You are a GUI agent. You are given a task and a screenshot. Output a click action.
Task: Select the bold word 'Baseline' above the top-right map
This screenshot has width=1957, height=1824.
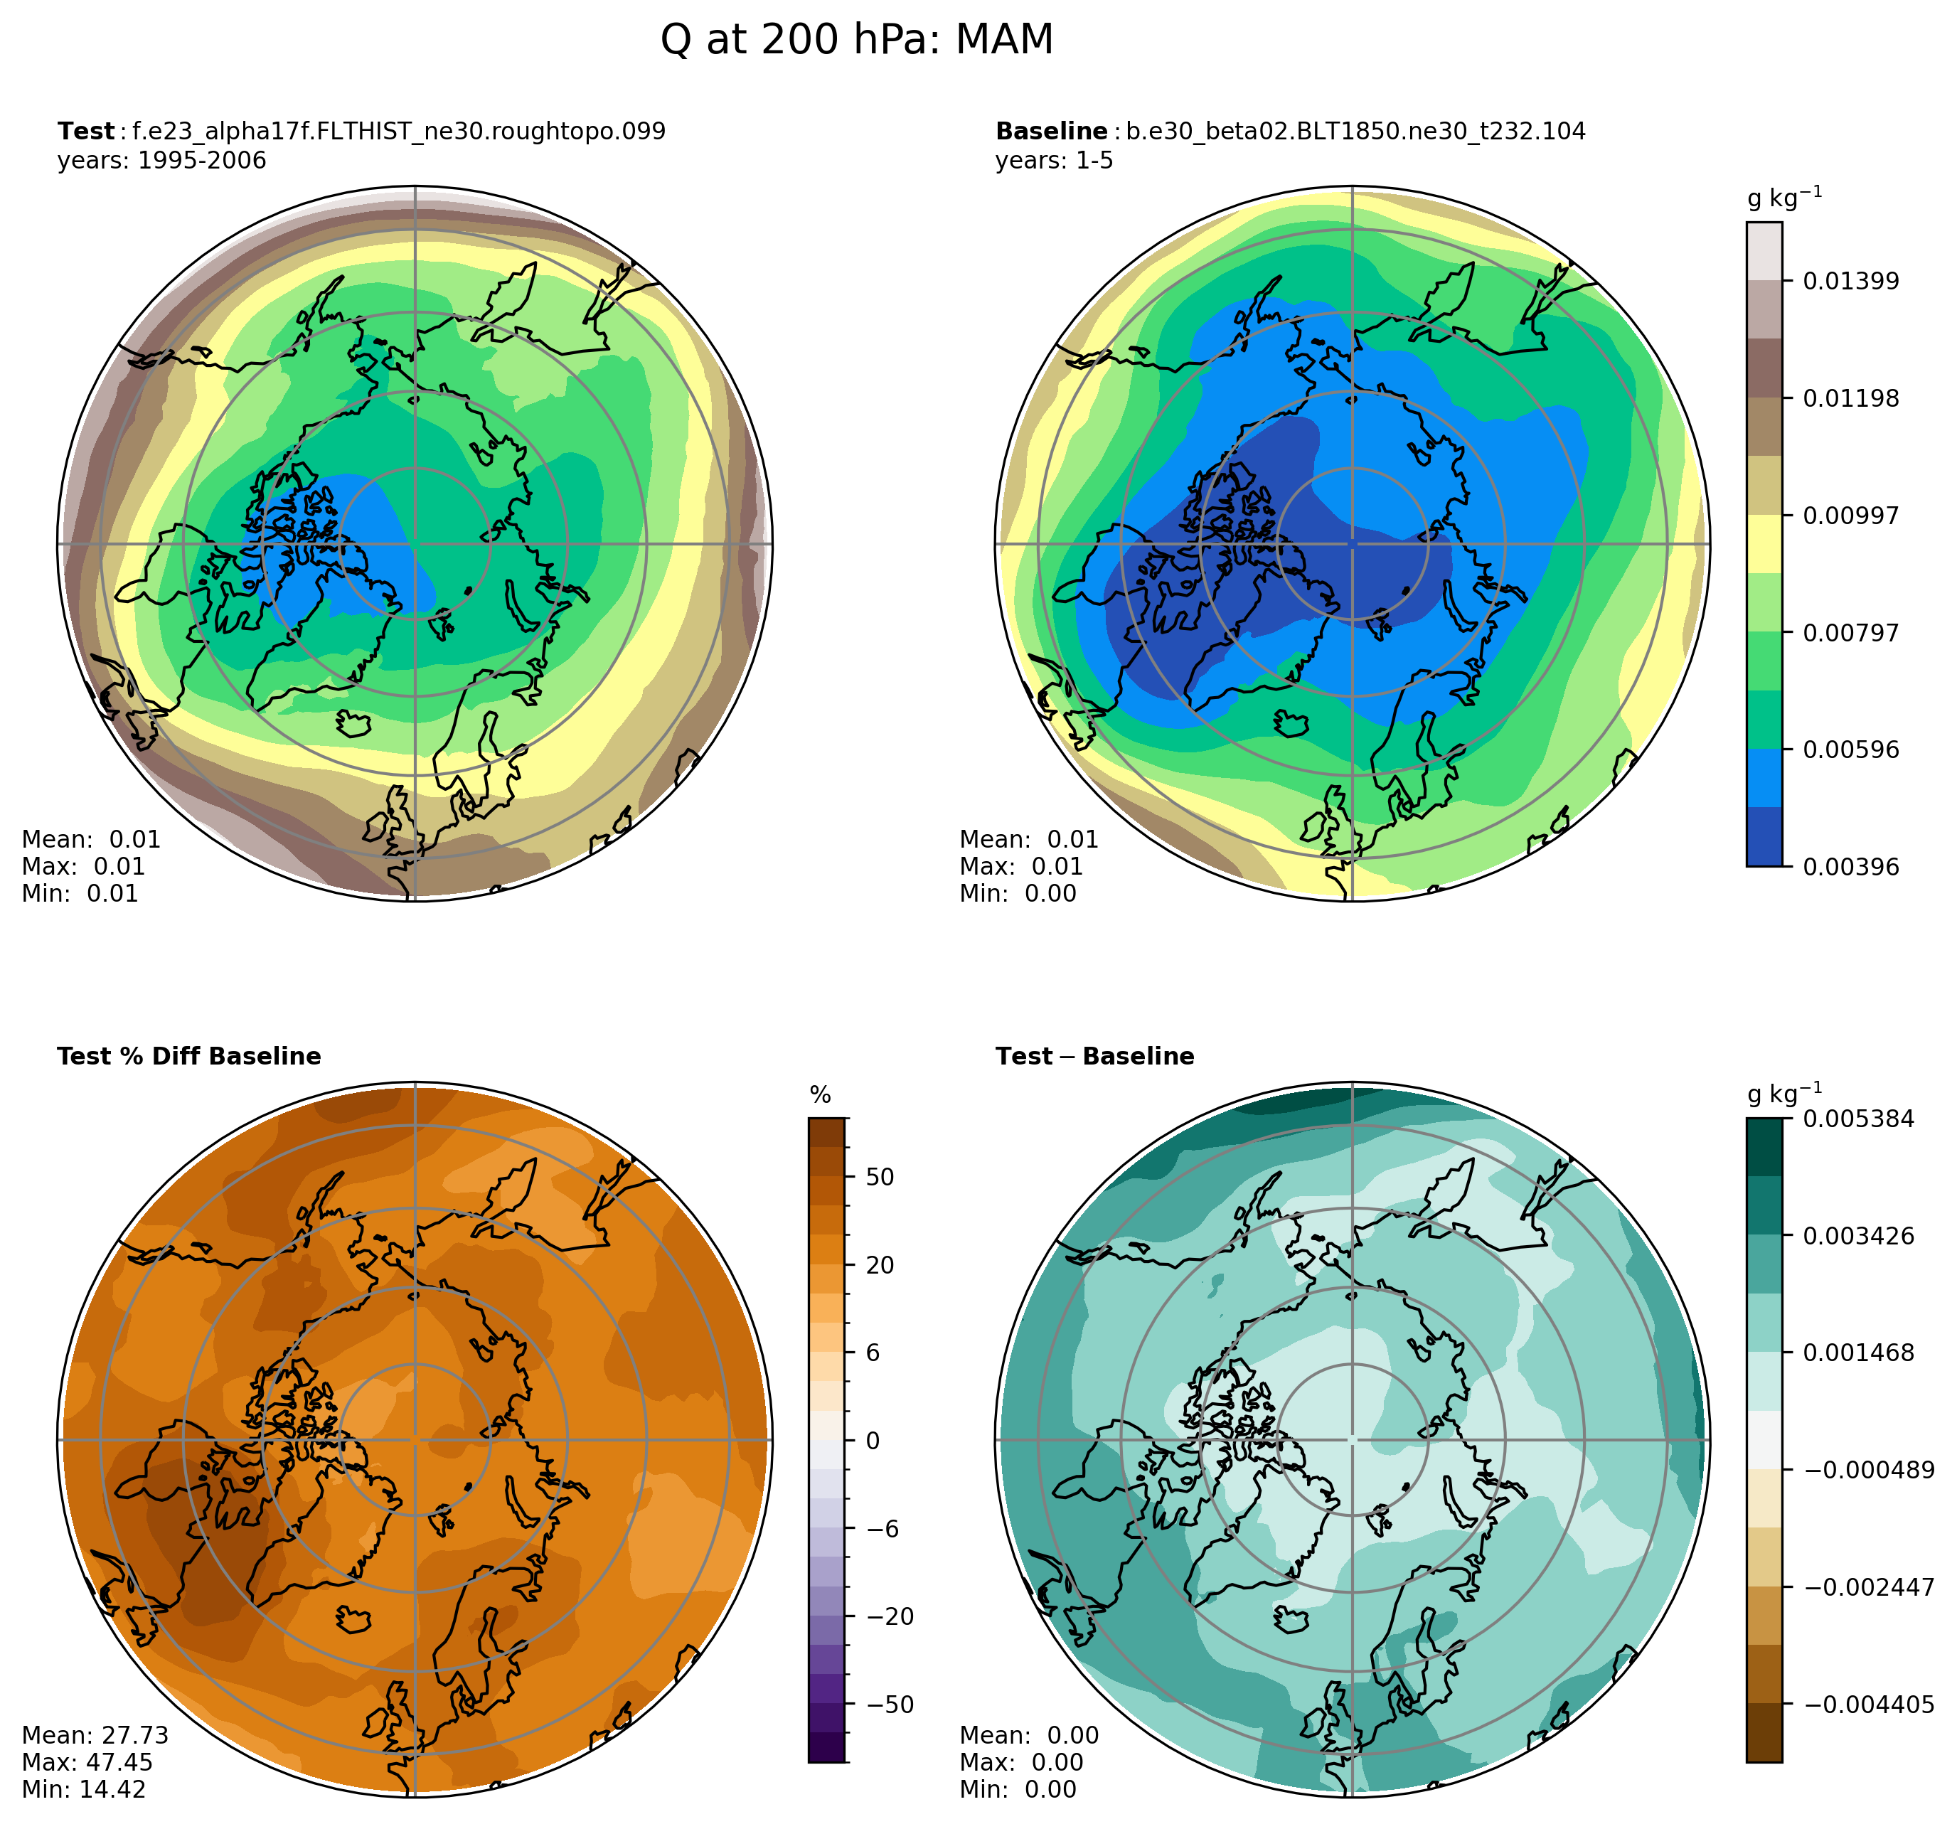(1051, 131)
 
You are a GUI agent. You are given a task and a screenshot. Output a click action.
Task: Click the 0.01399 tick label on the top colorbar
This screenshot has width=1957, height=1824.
(1850, 282)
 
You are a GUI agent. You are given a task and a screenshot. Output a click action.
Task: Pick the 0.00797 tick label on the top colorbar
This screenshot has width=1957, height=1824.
(1850, 633)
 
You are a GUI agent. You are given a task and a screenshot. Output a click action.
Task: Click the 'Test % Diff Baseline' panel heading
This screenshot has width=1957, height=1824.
(189, 1056)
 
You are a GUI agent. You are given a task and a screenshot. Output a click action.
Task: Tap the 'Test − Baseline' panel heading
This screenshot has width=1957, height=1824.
(1094, 1056)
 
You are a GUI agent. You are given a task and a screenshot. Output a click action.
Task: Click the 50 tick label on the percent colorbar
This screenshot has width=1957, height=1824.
(880, 1178)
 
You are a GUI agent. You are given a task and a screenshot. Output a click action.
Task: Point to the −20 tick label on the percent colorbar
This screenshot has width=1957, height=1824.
(889, 1616)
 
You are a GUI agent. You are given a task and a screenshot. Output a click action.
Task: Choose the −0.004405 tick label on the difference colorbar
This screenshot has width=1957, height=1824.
(1868, 1704)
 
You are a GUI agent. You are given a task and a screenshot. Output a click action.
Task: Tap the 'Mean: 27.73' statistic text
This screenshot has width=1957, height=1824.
(95, 1735)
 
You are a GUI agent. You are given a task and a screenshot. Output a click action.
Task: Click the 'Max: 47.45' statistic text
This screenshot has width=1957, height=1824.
(87, 1762)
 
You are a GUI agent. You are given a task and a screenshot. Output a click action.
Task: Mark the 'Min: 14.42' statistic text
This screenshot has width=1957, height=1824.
(84, 1790)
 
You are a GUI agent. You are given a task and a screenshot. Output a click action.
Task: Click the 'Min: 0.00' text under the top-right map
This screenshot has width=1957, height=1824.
(1018, 894)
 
